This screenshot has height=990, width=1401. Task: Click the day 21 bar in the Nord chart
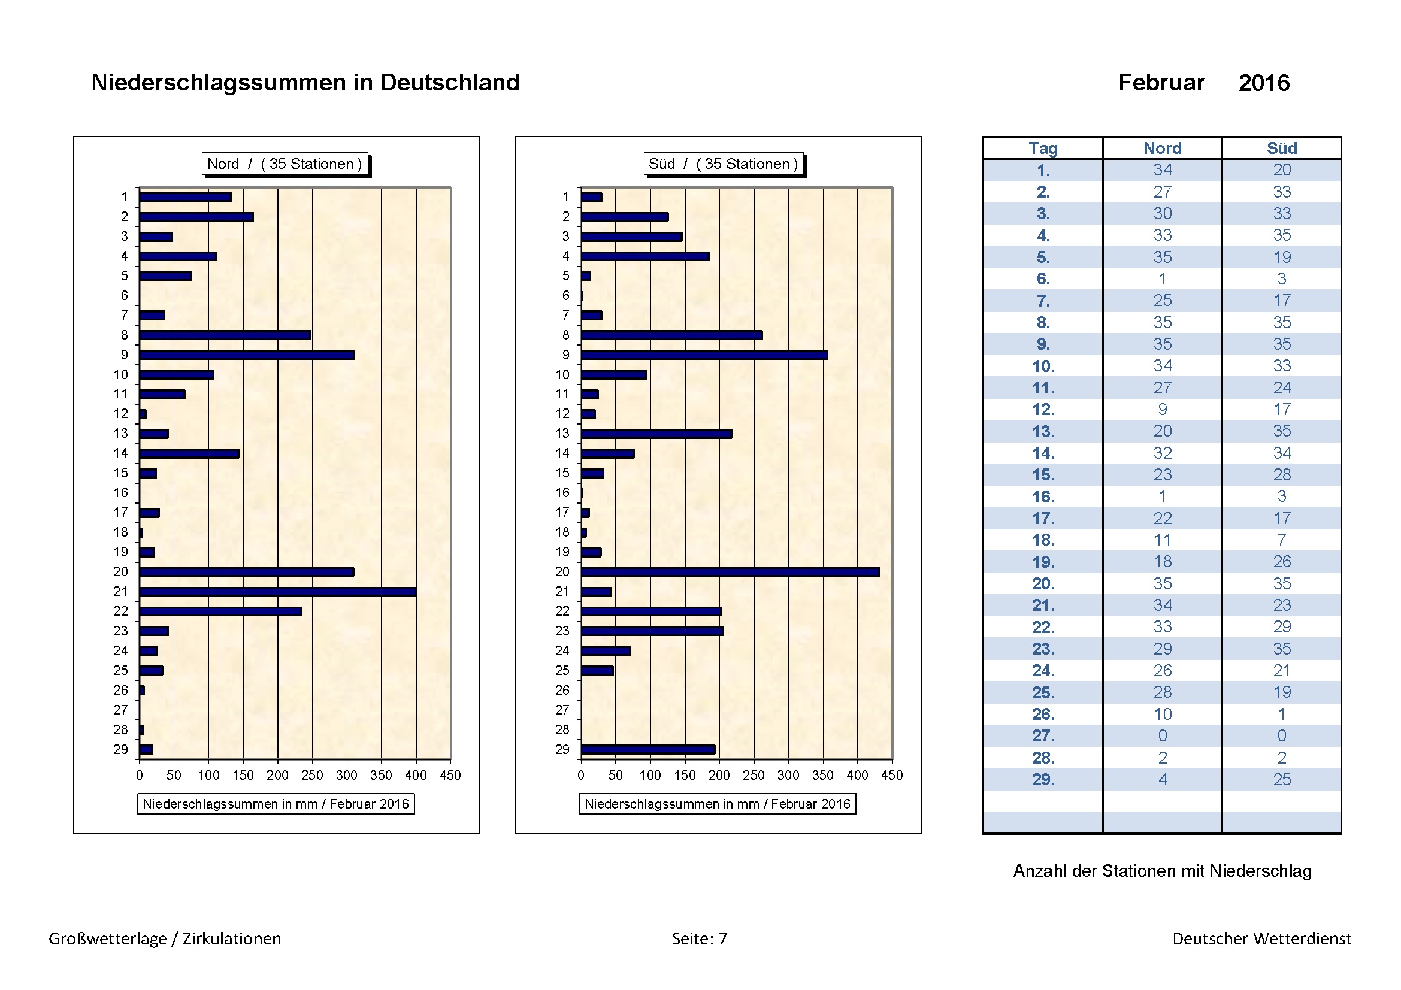[x=278, y=592]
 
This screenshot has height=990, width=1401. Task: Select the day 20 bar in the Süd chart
[x=730, y=572]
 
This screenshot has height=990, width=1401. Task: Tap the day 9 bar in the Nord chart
[x=247, y=355]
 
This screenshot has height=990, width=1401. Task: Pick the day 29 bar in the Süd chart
[x=647, y=750]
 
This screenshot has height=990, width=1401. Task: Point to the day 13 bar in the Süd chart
[x=656, y=434]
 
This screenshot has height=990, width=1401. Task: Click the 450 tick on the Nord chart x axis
[x=450, y=775]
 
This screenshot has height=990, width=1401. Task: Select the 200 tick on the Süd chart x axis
[x=719, y=775]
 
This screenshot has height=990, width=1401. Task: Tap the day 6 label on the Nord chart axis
[x=125, y=296]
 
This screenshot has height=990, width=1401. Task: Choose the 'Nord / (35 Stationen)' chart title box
[x=285, y=164]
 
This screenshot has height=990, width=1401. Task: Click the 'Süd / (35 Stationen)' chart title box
[x=723, y=164]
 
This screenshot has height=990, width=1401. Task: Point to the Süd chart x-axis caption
[x=717, y=804]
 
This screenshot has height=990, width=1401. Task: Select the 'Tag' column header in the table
[x=1043, y=148]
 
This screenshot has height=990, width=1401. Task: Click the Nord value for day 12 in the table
[x=1163, y=409]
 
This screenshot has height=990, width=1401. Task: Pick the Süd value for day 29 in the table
[x=1281, y=780]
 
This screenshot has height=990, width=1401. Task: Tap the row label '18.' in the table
[x=1043, y=540]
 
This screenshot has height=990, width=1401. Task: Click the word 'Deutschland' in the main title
[x=450, y=82]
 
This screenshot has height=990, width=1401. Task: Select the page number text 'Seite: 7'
[x=699, y=938]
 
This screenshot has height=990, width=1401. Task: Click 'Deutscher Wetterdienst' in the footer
[x=1261, y=938]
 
